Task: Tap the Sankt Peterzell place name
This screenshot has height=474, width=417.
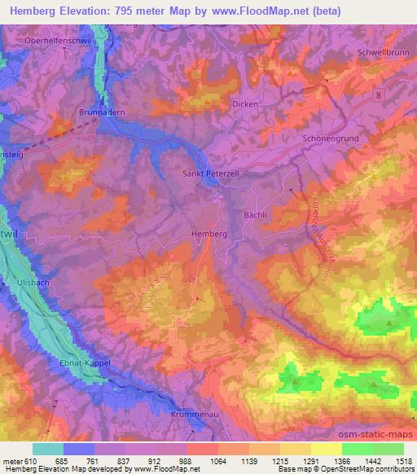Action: tap(208, 173)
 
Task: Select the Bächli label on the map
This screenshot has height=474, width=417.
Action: tap(256, 215)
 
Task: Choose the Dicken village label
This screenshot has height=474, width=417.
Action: tap(245, 104)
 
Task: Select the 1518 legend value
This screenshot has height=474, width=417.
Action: tap(402, 461)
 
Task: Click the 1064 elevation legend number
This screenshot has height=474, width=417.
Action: tap(217, 461)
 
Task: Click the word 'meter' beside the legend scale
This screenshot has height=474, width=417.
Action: tap(14, 461)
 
